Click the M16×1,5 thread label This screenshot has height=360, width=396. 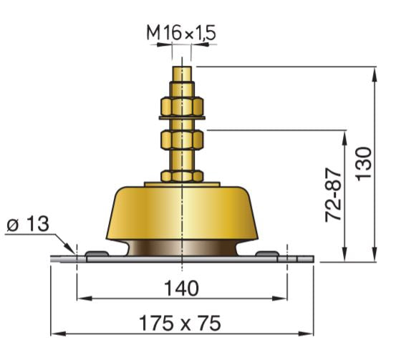(x=182, y=32)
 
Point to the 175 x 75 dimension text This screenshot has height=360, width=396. (x=183, y=322)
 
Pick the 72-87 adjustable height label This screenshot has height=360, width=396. (x=333, y=195)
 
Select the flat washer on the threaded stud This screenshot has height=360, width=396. (x=183, y=117)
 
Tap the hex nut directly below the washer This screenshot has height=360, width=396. (x=183, y=136)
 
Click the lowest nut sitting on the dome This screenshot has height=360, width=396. (x=183, y=175)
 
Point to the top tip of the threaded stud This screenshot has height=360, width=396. (x=183, y=69)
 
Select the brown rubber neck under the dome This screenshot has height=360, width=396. (x=183, y=248)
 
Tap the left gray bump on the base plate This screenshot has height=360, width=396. (x=97, y=254)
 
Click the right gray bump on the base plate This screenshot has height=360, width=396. (x=268, y=254)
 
